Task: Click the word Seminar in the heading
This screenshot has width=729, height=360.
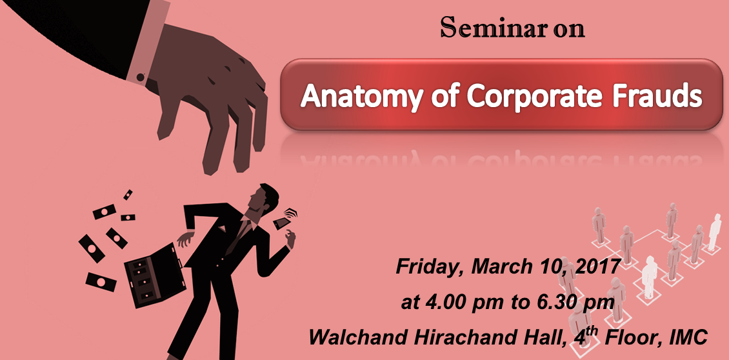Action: coord(494,28)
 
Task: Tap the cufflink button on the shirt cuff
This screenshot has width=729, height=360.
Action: coord(140,77)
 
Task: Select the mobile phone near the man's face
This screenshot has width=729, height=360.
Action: coord(282,223)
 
